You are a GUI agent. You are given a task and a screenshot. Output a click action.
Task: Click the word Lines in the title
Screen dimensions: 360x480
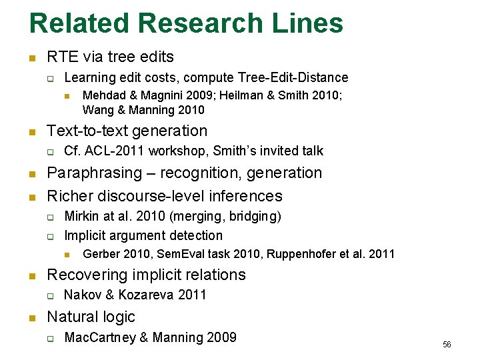tap(308, 23)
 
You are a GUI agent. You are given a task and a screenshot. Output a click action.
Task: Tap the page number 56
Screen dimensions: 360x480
tap(447, 345)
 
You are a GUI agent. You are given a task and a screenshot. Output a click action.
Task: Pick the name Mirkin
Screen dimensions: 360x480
tap(81, 216)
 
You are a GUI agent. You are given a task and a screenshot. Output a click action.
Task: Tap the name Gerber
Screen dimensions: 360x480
tap(101, 254)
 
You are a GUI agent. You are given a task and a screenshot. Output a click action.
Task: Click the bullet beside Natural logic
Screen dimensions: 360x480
tap(32, 318)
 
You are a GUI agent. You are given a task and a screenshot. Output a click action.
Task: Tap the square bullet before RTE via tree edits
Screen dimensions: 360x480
tap(32, 58)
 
